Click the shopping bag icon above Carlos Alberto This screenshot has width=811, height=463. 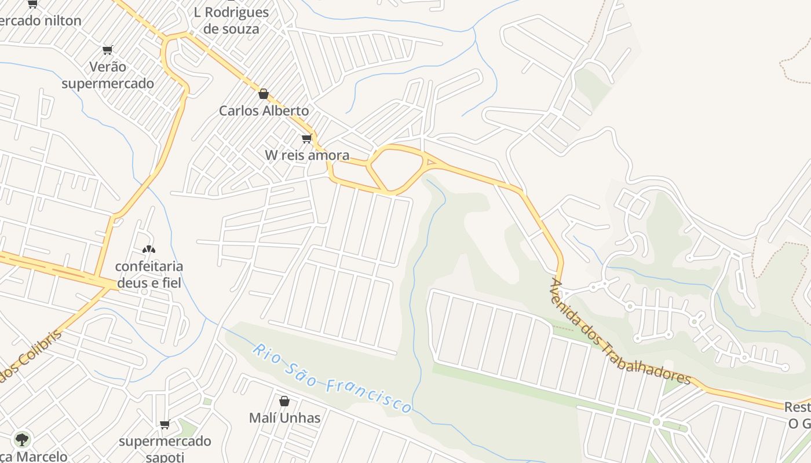point(264,94)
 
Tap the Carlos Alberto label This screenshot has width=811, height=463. point(264,111)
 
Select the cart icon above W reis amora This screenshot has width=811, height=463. point(306,138)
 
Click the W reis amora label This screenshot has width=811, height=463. point(307,155)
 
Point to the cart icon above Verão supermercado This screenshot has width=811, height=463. point(107,50)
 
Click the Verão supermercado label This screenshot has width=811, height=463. point(108,75)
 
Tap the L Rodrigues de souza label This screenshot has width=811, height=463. point(231,20)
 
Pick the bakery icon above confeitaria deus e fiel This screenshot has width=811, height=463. point(149,249)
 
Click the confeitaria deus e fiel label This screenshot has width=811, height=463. point(149,274)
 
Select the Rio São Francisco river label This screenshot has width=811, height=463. point(333,379)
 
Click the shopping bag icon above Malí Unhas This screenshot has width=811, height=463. point(284,400)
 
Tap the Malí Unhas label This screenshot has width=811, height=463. point(284,418)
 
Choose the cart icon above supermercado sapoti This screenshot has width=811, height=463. point(165,425)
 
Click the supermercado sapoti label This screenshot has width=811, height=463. point(165,449)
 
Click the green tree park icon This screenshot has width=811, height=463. point(22,440)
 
